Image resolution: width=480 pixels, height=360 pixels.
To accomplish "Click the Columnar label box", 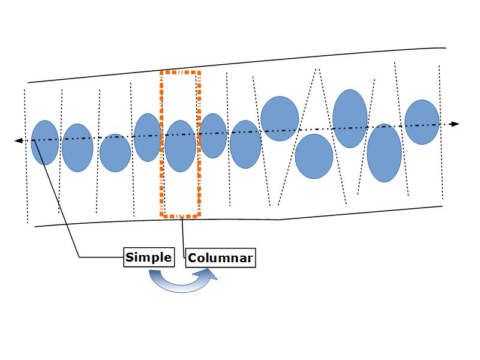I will [220, 259].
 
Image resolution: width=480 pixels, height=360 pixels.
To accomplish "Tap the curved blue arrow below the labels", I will [180, 281].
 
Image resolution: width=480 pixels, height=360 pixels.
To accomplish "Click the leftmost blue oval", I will [44, 143].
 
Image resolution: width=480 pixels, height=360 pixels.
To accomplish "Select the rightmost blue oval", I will [422, 122].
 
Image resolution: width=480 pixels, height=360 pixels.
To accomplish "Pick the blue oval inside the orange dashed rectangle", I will [181, 146].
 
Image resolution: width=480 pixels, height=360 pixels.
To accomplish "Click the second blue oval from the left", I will [77, 148].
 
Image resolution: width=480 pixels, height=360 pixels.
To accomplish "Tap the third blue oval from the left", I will [115, 153].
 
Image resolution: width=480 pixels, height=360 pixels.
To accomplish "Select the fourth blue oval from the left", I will [148, 137].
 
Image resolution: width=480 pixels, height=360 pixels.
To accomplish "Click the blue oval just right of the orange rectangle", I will [212, 136].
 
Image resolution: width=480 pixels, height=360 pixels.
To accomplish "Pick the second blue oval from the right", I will [384, 152].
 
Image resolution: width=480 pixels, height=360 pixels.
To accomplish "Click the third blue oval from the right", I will [350, 118].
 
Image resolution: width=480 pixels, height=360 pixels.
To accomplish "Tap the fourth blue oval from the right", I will [314, 155].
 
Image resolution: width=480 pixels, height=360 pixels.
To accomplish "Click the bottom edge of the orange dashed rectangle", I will [181, 215].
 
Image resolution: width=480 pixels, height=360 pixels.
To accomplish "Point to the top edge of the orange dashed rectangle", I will [181, 72].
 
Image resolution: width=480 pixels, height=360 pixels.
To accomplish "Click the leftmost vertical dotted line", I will [26, 180].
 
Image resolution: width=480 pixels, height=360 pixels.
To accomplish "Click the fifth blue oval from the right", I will [280, 118].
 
